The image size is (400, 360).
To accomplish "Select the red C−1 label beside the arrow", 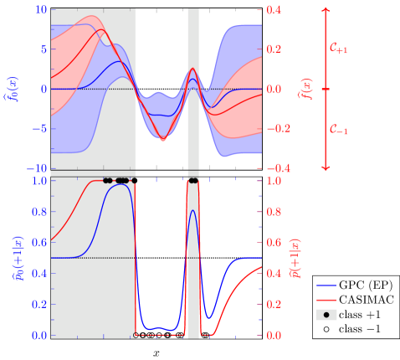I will click(339, 130).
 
